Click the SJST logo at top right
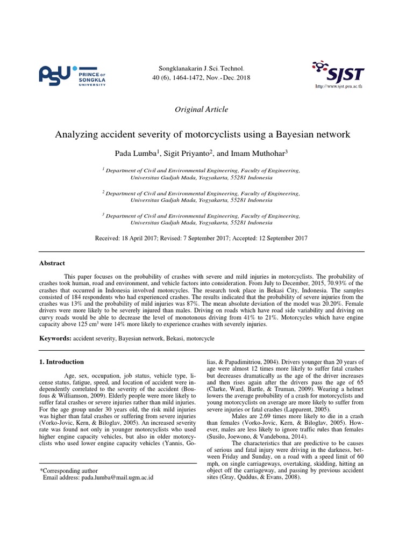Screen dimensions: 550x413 point(338,71)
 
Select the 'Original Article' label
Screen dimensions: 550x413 point(202,110)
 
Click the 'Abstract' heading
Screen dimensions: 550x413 point(52,263)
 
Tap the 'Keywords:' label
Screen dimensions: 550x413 point(55,339)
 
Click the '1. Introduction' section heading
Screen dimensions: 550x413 point(62,362)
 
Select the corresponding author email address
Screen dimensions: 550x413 point(117,477)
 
